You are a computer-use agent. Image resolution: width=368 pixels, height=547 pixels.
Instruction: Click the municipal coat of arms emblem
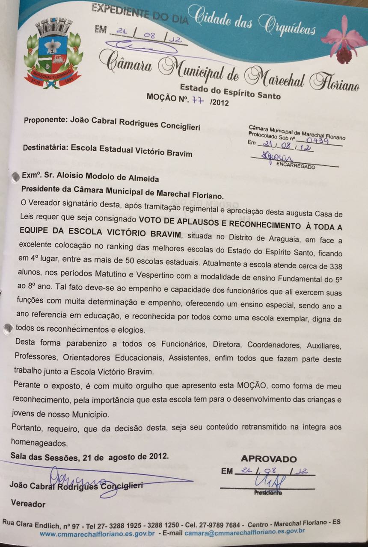coord(53,53)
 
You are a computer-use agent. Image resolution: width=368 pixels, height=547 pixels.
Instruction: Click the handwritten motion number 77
coord(197,100)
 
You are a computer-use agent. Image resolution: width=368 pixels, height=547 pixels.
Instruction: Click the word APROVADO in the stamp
coord(269,459)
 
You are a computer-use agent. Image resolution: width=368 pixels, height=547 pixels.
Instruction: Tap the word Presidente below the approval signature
coord(267,493)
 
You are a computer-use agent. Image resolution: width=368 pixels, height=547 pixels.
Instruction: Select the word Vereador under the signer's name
coord(28,504)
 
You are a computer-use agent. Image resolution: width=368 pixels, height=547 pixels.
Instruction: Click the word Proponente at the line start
coord(44,121)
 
